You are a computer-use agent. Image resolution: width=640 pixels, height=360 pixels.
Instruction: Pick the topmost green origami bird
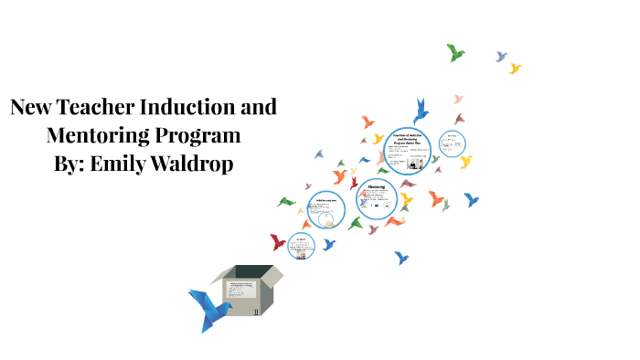coord(455,52)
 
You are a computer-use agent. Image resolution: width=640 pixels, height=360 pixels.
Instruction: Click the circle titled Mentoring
coord(377,199)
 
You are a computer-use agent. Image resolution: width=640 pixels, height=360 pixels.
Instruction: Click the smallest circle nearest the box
coord(301,245)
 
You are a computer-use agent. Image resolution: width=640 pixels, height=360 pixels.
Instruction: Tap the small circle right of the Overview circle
coord(451,143)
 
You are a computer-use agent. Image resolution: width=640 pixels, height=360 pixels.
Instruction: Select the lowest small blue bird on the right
coord(400,258)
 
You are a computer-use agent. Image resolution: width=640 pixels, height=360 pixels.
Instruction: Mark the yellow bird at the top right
coord(515,69)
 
